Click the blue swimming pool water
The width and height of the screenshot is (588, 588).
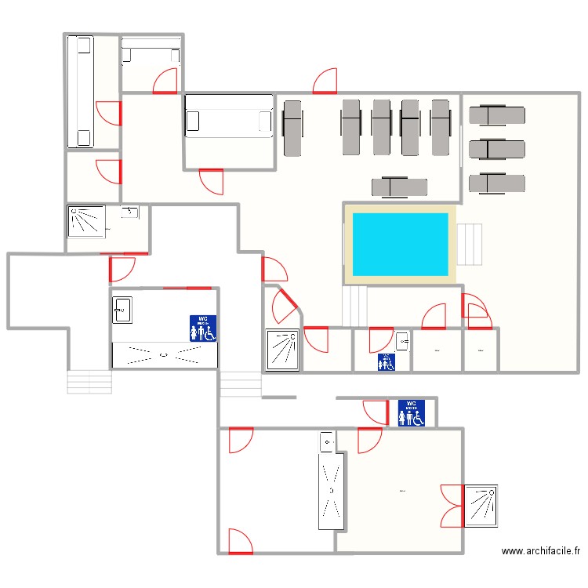(400, 243)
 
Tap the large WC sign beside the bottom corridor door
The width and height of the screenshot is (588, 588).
(412, 413)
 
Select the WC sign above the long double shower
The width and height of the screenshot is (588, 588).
(203, 328)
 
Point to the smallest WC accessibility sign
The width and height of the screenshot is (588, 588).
(386, 361)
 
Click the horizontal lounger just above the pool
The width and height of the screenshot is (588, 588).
(399, 187)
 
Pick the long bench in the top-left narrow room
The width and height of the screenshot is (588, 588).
(80, 92)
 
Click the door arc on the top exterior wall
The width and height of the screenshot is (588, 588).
(325, 81)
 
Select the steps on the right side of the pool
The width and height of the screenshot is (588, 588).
(470, 244)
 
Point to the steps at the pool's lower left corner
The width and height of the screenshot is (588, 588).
(354, 306)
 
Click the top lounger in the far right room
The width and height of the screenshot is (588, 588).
(496, 115)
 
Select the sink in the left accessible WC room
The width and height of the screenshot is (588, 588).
(122, 310)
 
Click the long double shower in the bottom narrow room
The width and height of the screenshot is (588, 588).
(330, 490)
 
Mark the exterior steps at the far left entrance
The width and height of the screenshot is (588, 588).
(89, 382)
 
